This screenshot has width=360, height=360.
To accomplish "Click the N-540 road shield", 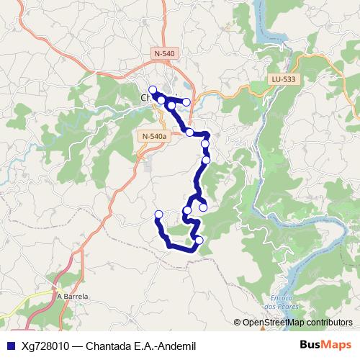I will (164, 54).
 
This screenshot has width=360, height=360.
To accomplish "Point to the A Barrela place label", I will (72, 296).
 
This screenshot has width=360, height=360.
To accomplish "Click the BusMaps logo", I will (325, 345).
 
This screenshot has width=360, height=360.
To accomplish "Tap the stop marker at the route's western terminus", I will (159, 214).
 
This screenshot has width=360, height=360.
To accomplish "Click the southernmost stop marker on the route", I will (199, 240).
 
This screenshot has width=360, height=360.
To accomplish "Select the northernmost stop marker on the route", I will (153, 89).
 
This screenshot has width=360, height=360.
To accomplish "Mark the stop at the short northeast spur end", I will (187, 103).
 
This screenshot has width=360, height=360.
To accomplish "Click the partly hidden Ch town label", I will (144, 97).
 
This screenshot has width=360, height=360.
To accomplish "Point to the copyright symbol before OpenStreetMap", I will (238, 323).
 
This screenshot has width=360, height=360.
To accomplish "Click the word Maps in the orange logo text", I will (336, 345).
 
